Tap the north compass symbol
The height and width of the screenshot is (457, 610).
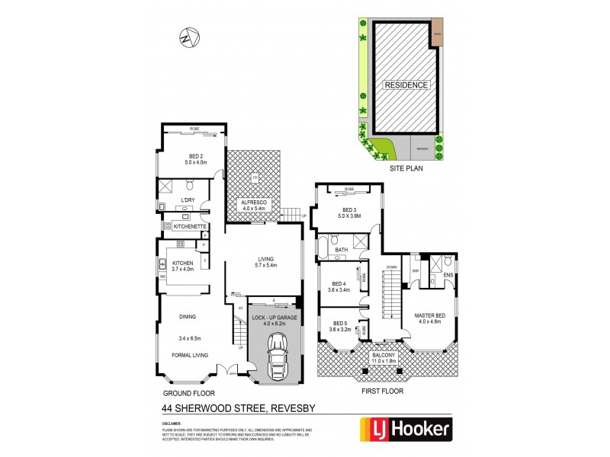tap(188, 36)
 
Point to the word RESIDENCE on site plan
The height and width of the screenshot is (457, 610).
tap(406, 85)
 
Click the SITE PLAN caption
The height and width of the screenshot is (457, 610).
tap(406, 170)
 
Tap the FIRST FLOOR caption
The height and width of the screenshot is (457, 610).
tap(381, 391)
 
